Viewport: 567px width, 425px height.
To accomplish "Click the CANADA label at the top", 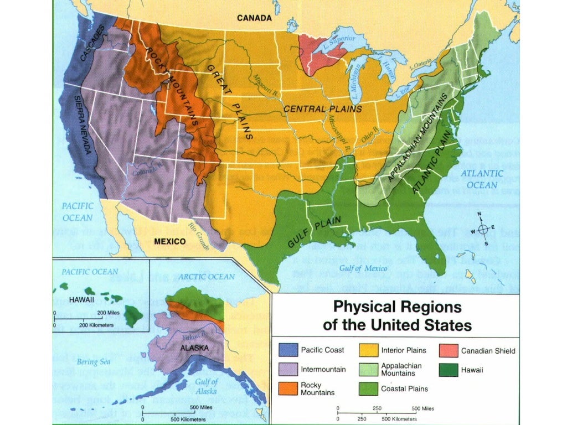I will click(254, 18).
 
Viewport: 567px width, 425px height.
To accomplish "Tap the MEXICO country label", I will click(169, 241).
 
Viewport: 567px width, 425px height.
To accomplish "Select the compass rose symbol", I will click(483, 228).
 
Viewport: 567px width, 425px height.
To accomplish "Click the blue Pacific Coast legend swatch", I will click(287, 350).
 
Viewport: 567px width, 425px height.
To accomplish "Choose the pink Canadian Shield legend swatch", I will click(448, 350).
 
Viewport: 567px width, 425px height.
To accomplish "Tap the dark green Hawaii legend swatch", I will click(448, 369).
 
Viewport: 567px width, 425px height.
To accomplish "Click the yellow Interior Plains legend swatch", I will click(368, 350).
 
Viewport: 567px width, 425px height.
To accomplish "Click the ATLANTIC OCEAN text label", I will click(484, 179).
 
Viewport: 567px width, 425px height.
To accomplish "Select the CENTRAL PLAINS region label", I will click(323, 110).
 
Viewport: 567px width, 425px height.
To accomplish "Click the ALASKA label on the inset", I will click(194, 348).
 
